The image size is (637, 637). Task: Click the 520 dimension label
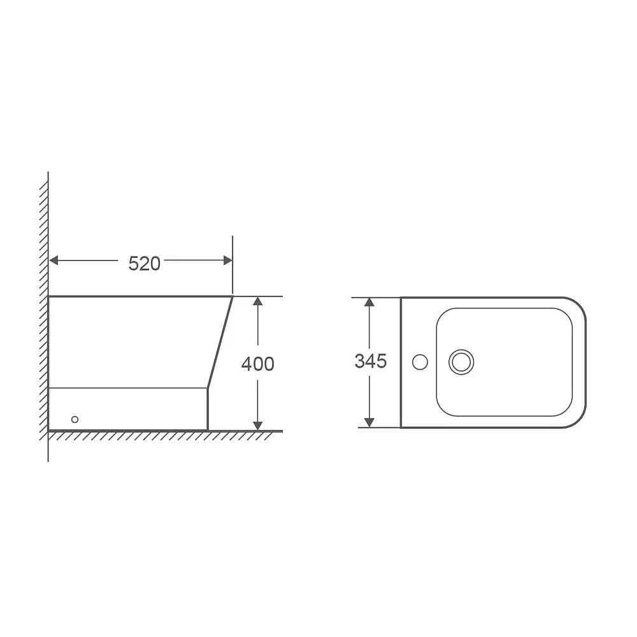(x=144, y=264)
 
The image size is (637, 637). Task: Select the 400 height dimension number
(x=257, y=364)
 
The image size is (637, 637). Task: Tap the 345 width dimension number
(x=371, y=361)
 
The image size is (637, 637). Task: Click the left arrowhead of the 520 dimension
(x=54, y=261)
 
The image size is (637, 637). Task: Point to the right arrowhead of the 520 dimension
(x=228, y=261)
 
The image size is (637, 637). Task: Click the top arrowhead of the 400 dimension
(x=257, y=301)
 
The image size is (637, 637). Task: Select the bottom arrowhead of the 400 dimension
(x=257, y=426)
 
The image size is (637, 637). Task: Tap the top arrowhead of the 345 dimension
(x=369, y=302)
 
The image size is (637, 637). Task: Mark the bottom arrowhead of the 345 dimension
(x=369, y=422)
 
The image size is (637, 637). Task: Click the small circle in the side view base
(x=75, y=419)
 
